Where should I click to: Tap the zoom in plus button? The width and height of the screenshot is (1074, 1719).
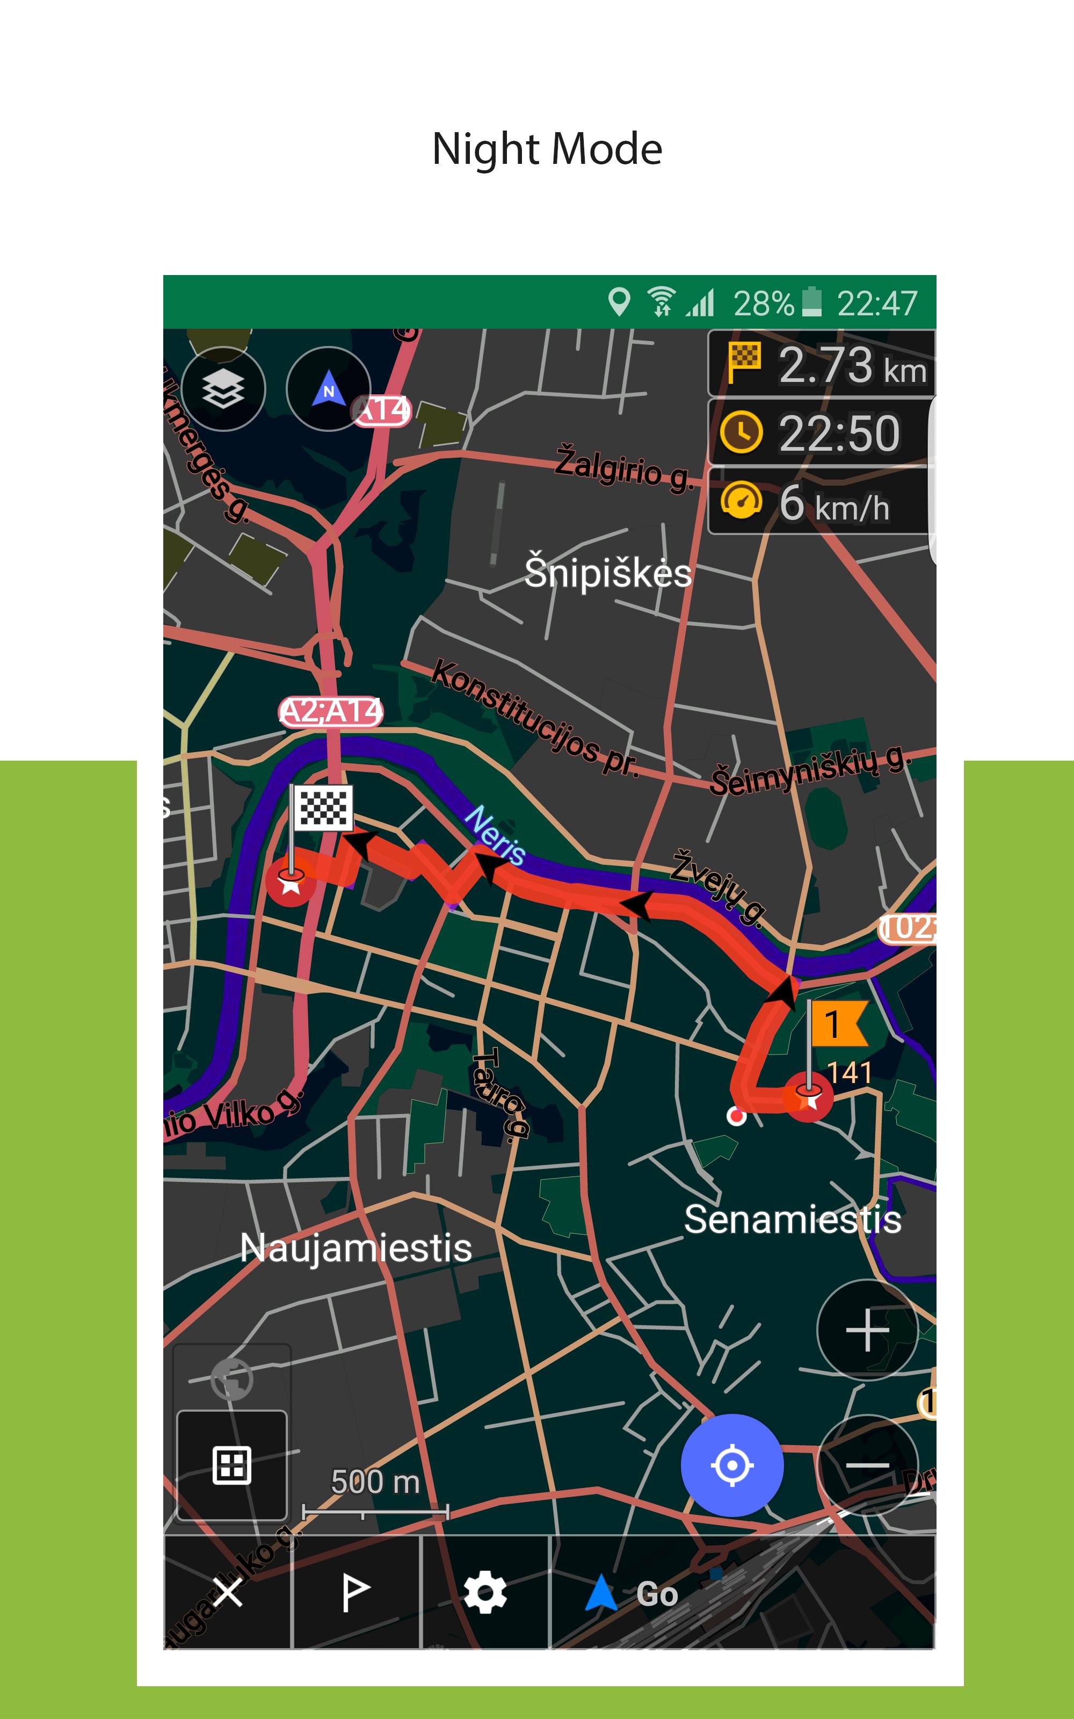[x=867, y=1329]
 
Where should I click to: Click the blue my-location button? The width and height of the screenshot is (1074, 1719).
[x=731, y=1465]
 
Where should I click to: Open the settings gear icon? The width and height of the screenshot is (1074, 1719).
[x=485, y=1593]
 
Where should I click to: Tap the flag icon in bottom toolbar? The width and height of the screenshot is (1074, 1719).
[x=355, y=1593]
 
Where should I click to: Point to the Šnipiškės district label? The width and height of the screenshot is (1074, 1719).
[x=607, y=573]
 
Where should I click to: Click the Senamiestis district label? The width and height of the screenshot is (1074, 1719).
[x=792, y=1219]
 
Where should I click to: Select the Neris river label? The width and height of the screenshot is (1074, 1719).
[x=495, y=835]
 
